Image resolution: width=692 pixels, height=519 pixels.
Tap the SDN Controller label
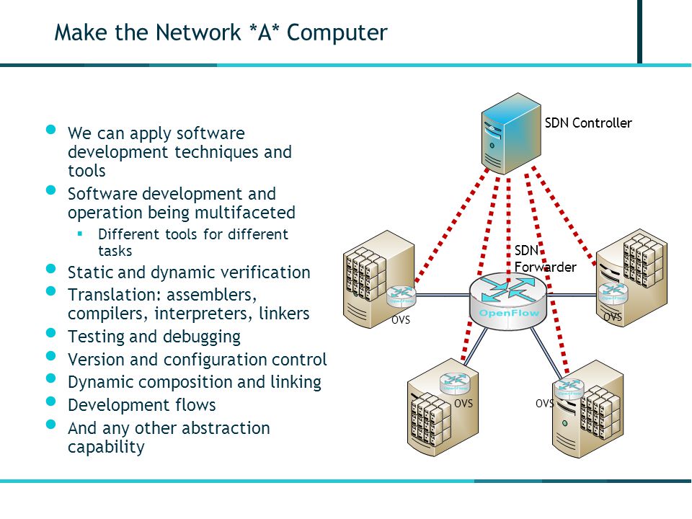click(588, 123)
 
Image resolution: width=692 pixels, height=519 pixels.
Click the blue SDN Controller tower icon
click(511, 134)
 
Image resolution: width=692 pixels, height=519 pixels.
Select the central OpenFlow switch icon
click(508, 301)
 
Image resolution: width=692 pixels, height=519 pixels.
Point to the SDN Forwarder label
click(545, 259)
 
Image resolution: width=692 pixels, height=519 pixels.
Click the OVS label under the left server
click(401, 319)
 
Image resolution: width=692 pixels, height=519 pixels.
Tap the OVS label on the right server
click(613, 317)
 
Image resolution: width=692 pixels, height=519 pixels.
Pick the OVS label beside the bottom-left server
click(463, 404)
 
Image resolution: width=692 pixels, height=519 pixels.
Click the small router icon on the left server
click(402, 296)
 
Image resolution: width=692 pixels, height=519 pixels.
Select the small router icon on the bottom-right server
click(569, 388)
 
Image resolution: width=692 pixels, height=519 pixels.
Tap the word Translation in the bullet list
click(112, 294)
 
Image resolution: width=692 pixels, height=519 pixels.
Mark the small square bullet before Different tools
click(80, 234)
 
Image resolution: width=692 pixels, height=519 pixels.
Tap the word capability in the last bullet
click(106, 448)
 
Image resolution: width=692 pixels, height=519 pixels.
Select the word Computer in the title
click(337, 32)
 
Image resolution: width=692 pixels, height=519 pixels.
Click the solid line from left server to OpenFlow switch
click(443, 295)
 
